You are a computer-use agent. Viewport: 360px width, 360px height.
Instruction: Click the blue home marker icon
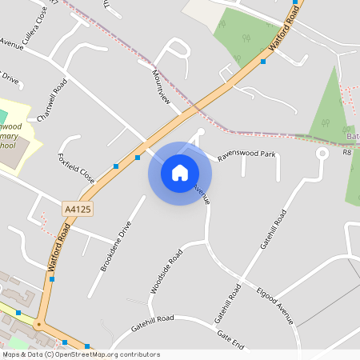point(180,172)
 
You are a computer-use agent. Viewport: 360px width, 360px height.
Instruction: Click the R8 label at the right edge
point(347,151)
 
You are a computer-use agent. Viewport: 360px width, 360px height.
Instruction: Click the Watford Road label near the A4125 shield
point(60,251)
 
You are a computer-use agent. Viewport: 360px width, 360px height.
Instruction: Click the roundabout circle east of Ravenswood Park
point(322,152)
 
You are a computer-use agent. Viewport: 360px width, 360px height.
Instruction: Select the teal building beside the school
point(2,117)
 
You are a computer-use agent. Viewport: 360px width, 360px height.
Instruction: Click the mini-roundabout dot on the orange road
point(37,324)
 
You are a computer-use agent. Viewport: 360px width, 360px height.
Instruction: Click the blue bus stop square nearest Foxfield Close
point(116,166)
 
